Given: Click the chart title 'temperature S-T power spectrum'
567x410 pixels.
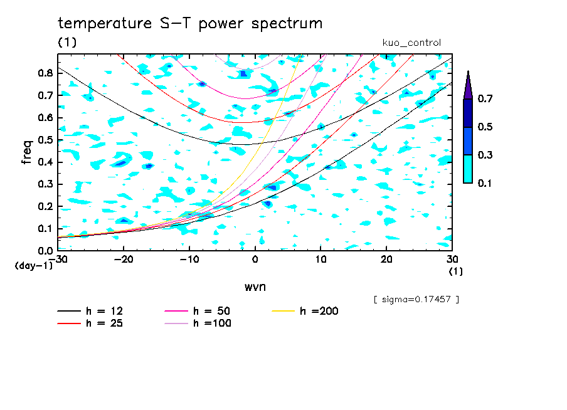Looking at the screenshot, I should [x=190, y=24].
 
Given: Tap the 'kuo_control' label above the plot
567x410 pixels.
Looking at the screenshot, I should [x=411, y=43].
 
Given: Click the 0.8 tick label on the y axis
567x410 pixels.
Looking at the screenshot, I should [x=45, y=73].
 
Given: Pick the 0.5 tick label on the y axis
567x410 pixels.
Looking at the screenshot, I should [x=45, y=140].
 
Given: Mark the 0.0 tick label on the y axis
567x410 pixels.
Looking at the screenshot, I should [x=45, y=251].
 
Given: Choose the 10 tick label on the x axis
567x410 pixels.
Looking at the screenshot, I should [x=321, y=259].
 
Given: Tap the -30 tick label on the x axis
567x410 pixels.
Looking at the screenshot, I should [x=60, y=259].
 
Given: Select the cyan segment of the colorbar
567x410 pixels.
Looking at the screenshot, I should [x=468, y=169].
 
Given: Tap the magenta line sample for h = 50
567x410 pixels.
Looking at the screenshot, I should [x=177, y=311].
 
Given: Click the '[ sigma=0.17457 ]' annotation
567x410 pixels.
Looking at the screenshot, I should [x=416, y=299].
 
